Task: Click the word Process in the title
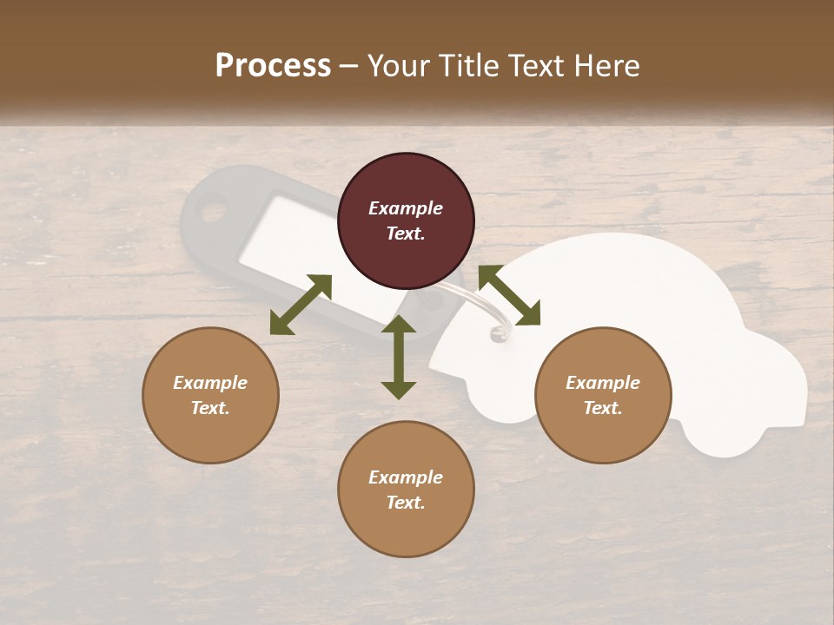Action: pos(273,66)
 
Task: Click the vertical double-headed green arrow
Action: pos(399,357)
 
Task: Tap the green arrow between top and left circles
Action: pos(301,305)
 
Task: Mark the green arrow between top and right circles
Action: pos(509,296)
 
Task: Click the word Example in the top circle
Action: pos(406,208)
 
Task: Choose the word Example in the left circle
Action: pos(210,383)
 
